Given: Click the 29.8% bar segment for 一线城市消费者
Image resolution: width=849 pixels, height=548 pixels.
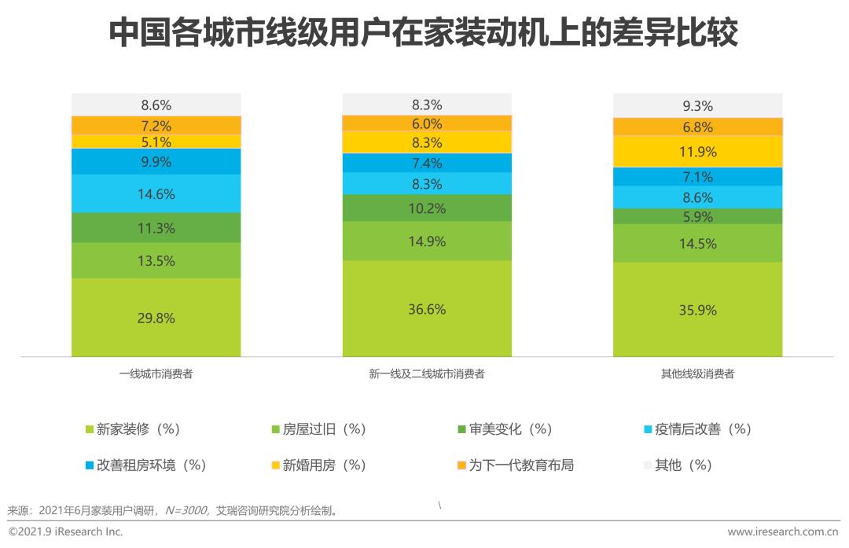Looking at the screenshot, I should [156, 318].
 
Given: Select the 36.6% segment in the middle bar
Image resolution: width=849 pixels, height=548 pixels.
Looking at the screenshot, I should [427, 309].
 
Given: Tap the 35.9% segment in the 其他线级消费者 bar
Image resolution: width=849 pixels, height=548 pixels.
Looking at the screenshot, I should [697, 310].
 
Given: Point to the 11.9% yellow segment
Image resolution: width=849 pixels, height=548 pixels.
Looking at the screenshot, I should [697, 152].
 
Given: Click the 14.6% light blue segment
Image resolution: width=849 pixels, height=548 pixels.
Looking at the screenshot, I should [156, 193].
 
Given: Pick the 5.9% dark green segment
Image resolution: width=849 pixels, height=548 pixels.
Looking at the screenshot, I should [697, 216].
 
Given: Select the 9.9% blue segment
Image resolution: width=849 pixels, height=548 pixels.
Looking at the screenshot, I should [156, 161].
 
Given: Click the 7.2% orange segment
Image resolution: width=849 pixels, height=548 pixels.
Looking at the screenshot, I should [156, 125].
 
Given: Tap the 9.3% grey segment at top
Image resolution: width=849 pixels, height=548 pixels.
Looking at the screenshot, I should [697, 105].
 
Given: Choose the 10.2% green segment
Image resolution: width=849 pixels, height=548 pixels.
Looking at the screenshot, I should [427, 208].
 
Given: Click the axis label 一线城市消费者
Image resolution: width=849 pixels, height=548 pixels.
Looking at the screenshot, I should [156, 374].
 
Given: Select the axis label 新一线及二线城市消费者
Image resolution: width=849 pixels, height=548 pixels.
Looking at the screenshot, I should [427, 374].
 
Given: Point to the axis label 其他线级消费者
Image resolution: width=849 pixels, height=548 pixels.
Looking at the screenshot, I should [697, 374].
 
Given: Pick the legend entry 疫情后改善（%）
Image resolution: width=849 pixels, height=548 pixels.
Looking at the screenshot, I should [696, 429].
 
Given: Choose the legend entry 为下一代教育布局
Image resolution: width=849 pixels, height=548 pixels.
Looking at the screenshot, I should [520, 465].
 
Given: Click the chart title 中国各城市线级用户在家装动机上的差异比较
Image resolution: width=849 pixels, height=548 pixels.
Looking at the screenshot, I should [424, 34].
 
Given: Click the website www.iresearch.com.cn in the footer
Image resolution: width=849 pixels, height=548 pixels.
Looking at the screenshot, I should [783, 532].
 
